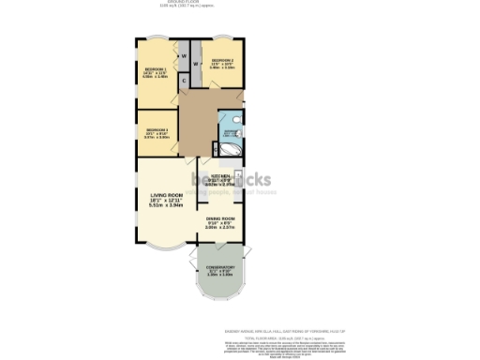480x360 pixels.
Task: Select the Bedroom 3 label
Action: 157,129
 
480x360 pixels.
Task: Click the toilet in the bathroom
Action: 237,119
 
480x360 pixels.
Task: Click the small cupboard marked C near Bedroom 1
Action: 185,80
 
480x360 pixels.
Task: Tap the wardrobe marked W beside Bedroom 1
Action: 184,56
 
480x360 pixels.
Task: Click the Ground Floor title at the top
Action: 221,3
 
